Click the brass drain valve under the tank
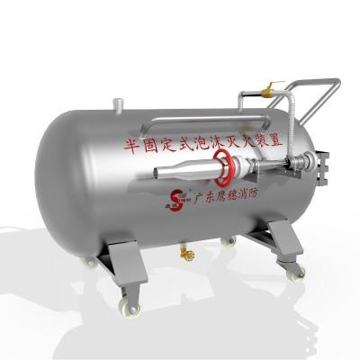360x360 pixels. [186, 256]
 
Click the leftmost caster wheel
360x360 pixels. [91, 264]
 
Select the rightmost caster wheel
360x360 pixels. [298, 271]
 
